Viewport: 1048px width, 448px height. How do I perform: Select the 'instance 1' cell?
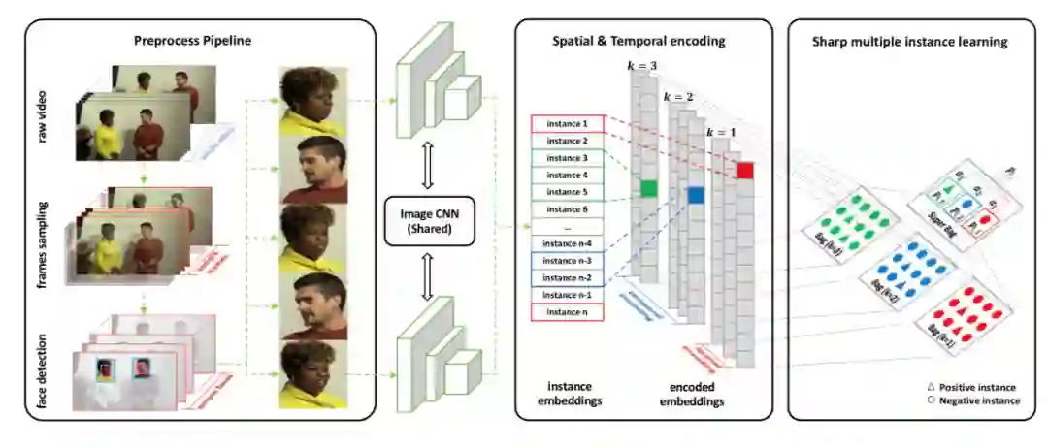pos(567,124)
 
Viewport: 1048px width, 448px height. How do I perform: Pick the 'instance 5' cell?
pos(567,192)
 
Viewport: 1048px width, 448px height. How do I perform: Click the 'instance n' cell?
pos(567,312)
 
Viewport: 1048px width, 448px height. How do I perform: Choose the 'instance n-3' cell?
pos(567,260)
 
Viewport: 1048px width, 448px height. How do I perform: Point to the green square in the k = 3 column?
pos(647,188)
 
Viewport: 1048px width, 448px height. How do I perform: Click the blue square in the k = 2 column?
pos(695,195)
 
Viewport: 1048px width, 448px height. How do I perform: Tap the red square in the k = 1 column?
pos(744,172)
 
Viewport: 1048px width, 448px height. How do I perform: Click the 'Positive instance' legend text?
pos(978,387)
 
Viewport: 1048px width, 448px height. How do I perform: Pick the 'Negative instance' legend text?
pos(979,400)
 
